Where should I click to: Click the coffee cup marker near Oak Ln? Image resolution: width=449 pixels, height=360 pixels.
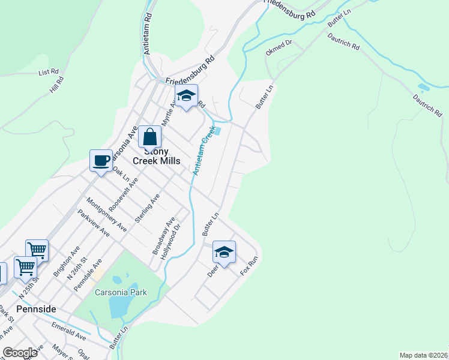(101, 160)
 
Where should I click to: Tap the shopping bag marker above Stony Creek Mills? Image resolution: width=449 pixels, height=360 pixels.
(149, 136)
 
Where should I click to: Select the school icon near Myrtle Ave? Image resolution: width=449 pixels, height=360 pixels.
(186, 97)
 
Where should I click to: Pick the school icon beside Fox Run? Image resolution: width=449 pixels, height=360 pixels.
(224, 253)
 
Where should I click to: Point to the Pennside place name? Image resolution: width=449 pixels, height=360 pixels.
(36, 309)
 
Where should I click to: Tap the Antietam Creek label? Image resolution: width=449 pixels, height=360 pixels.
(203, 151)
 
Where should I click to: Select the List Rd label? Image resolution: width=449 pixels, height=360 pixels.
(48, 72)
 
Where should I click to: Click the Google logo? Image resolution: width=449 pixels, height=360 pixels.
(20, 353)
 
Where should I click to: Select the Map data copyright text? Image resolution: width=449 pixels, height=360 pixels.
(424, 355)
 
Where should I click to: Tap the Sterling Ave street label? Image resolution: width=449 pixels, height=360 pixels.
(147, 208)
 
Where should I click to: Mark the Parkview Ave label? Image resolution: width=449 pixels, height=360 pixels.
(93, 223)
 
